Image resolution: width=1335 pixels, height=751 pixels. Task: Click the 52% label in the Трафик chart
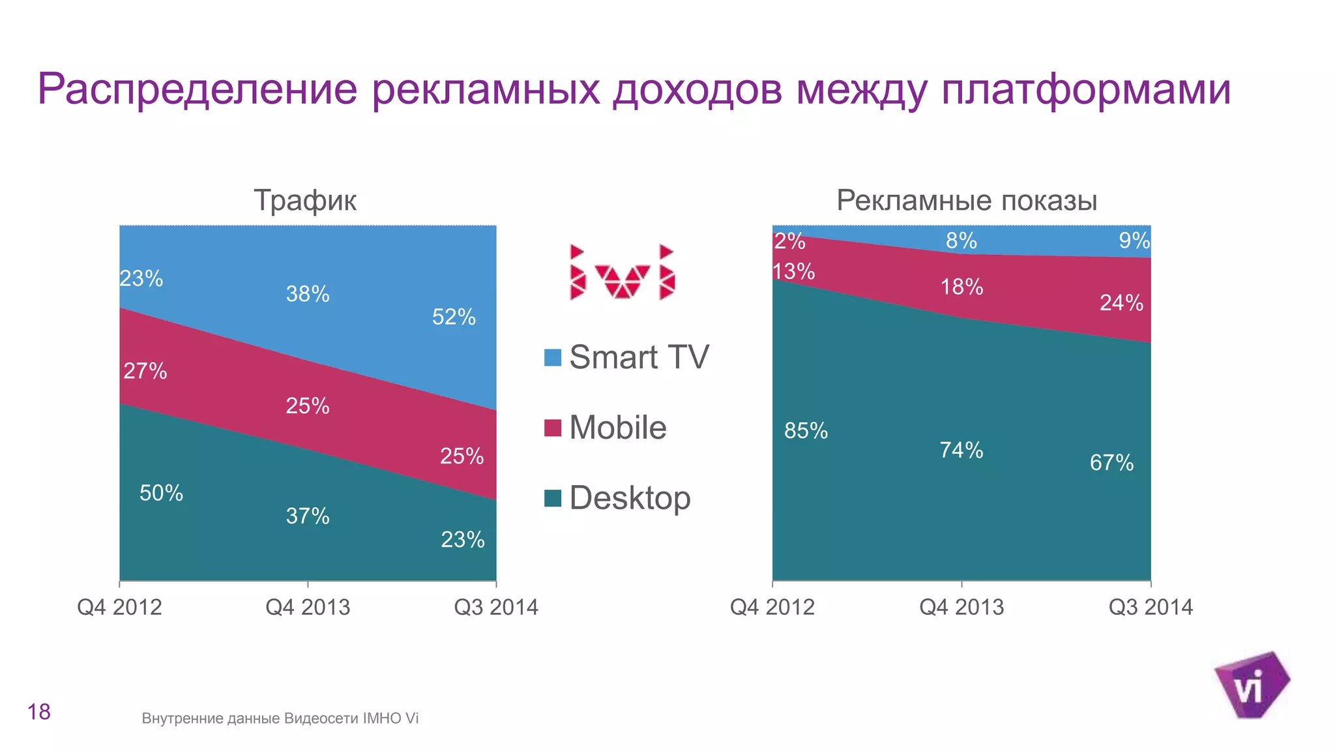[x=454, y=317]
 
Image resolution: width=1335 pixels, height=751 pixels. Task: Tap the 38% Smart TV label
[x=308, y=294]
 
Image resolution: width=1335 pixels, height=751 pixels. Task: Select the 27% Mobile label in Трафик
[x=145, y=371]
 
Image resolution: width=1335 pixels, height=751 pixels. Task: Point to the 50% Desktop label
[x=161, y=493]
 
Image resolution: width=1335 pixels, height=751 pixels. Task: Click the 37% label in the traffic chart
[x=308, y=516]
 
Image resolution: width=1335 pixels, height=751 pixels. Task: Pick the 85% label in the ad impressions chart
[x=806, y=431]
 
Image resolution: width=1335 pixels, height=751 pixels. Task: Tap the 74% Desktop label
[x=961, y=450]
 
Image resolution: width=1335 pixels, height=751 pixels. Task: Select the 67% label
[x=1111, y=463]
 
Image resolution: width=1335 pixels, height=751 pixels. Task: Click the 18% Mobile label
[x=961, y=287]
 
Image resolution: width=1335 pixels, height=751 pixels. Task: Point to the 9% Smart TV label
[x=1134, y=241]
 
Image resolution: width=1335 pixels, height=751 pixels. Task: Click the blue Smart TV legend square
[x=553, y=357]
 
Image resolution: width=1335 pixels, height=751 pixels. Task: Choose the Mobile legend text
[x=617, y=428]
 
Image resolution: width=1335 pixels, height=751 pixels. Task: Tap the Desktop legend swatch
[x=553, y=498]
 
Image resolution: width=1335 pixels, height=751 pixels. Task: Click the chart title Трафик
[x=305, y=200]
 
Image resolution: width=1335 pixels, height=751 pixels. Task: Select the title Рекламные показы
[x=967, y=200]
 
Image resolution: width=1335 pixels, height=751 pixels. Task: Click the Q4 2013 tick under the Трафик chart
[x=308, y=607]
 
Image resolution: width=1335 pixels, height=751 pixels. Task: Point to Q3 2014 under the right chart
[x=1151, y=607]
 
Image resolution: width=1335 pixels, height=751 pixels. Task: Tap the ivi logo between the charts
[x=623, y=272]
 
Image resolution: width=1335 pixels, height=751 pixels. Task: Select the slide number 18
[x=39, y=712]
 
